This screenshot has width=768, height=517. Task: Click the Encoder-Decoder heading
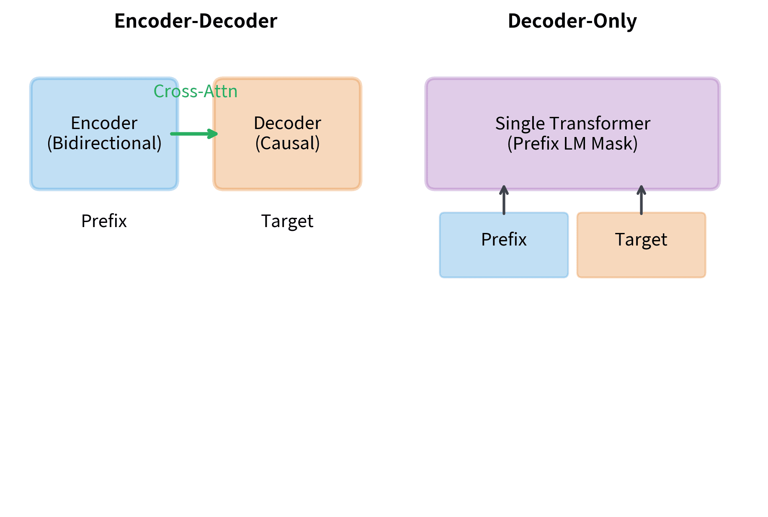[x=196, y=21]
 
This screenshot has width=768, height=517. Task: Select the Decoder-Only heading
[x=572, y=21]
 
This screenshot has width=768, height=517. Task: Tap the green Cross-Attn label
[x=196, y=91]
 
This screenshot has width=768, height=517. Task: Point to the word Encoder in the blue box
[x=104, y=123]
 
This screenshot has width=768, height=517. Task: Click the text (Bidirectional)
[x=104, y=143]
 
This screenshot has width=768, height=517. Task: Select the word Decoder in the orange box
[x=287, y=123]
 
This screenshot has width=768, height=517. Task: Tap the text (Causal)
[x=287, y=143]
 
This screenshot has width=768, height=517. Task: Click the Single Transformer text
[x=572, y=124]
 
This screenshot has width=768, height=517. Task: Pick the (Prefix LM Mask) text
[x=572, y=144]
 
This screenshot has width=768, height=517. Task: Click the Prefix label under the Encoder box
[x=104, y=221]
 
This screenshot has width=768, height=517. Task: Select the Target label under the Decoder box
[x=287, y=221]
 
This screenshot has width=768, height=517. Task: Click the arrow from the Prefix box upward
[x=504, y=201]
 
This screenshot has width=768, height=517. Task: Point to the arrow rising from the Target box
[x=641, y=201]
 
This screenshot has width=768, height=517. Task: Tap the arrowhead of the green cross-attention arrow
[x=214, y=134]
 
